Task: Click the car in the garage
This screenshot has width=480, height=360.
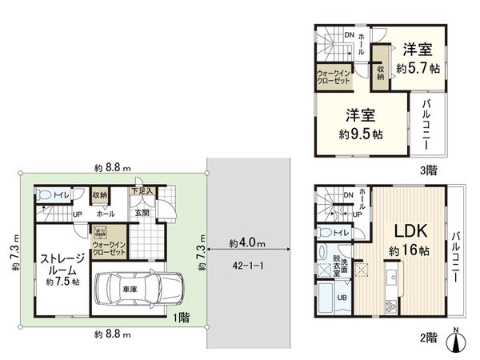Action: click(139, 289)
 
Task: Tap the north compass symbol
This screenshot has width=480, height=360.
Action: click(456, 341)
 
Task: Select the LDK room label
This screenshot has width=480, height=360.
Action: click(410, 231)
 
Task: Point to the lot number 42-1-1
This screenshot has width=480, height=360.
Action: click(248, 266)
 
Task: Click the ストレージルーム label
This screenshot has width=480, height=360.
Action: click(62, 265)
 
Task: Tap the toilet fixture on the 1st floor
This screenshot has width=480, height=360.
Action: click(44, 194)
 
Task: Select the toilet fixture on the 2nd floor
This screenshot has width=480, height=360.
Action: click(325, 232)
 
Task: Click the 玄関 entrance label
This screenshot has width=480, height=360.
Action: click(142, 213)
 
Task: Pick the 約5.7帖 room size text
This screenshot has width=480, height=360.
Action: click(418, 68)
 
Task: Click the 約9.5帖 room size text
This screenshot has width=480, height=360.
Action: click(361, 134)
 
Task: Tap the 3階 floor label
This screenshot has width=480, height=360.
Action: click(429, 170)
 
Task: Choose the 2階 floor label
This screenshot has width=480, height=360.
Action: click(429, 338)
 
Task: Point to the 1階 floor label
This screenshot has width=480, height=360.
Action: click(182, 318)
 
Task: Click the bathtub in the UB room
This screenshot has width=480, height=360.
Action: click(326, 298)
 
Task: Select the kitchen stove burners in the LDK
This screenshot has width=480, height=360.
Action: click(391, 307)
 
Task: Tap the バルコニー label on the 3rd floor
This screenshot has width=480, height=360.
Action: click(426, 125)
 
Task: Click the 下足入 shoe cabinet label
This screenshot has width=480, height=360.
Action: click(142, 191)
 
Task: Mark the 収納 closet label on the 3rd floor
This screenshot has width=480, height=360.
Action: click(381, 73)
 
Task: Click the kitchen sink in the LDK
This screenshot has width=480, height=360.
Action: click(393, 278)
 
